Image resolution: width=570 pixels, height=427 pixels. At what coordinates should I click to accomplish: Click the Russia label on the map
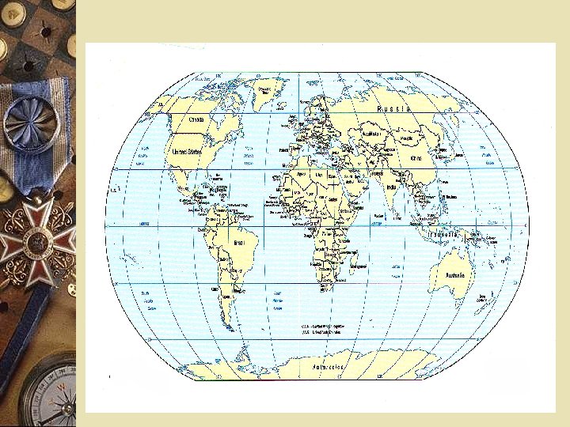point(393,109)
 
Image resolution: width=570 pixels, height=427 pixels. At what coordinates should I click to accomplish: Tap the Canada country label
point(196,119)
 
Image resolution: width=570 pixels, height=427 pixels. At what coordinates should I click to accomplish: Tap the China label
point(416,157)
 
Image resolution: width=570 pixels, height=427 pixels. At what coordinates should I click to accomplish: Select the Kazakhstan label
point(372,134)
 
